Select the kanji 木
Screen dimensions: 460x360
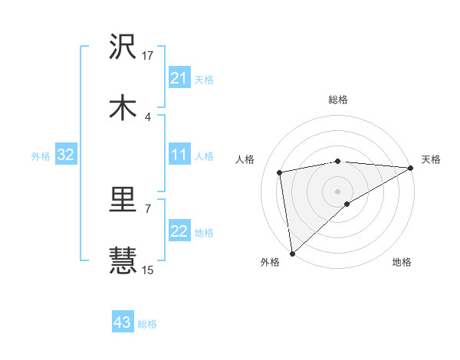pos(123,107)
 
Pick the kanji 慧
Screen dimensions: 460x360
pos(123,260)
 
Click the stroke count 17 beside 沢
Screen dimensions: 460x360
pos(148,55)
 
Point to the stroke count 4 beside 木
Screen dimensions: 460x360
pos(148,116)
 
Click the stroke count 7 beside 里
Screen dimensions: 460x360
pos(148,208)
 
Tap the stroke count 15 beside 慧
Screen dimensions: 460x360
pos(148,270)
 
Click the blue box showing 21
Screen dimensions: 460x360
pos(179,78)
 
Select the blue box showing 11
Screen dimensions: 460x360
pos(179,155)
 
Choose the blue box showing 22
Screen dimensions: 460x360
pos(179,232)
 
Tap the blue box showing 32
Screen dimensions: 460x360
pos(66,155)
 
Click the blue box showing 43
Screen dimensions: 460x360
pos(123,323)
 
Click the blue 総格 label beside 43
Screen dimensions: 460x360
pos(147,324)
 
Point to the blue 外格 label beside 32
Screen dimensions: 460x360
pos(41,156)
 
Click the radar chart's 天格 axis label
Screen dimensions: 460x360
pos(431,159)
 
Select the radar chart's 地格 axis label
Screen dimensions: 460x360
pos(402,262)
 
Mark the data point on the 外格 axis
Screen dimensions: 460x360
pos(292,254)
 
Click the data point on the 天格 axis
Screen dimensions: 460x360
pos(411,168)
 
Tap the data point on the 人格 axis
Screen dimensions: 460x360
pos(281,172)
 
